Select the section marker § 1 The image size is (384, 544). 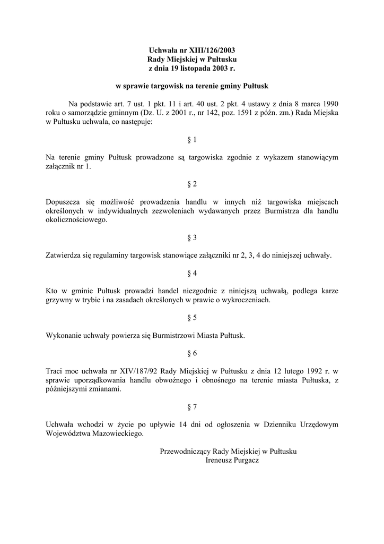tap(192, 140)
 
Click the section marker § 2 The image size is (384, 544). tap(192, 184)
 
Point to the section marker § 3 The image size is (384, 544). tap(192, 237)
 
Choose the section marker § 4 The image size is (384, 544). tap(192, 273)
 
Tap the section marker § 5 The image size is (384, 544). tap(192, 318)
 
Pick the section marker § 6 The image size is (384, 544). tap(192, 353)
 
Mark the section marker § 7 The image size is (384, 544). tap(192, 407)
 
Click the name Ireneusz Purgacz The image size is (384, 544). tap(232, 460)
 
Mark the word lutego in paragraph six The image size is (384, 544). tap(285, 371)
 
